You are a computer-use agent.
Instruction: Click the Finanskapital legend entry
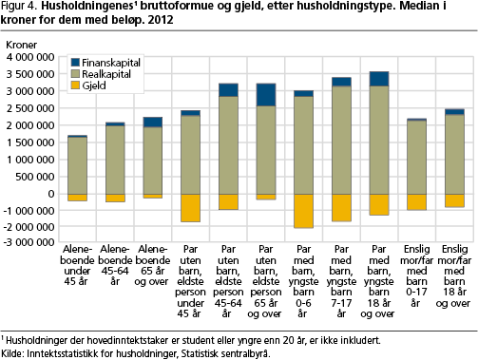105,61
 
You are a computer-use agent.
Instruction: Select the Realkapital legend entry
103,73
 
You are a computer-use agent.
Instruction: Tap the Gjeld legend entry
94,85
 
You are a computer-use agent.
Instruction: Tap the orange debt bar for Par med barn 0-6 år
303,210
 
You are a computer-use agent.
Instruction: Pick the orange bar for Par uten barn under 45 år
191,207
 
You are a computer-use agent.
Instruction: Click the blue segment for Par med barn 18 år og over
378,79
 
